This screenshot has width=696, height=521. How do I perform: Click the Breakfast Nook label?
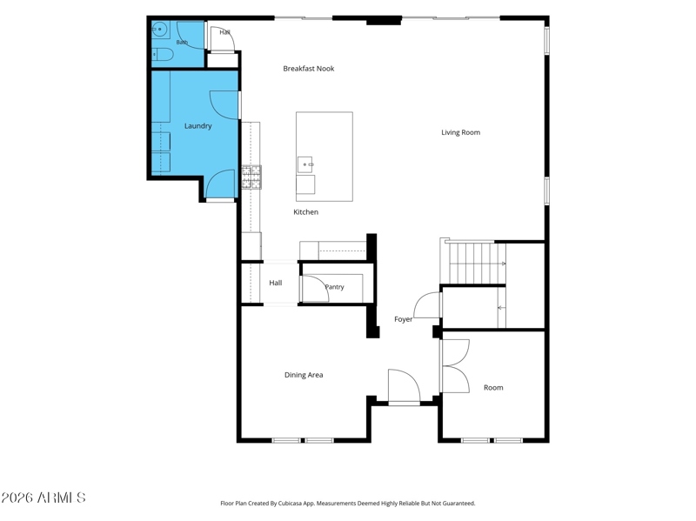pyautogui.click(x=309, y=69)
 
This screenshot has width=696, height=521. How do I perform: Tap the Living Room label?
pyautogui.click(x=460, y=132)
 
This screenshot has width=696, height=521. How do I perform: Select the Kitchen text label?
pyautogui.click(x=306, y=212)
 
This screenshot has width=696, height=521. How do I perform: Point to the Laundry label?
pyautogui.click(x=198, y=126)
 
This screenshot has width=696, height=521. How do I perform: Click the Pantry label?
pyautogui.click(x=334, y=287)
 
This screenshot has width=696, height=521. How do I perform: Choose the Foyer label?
pyautogui.click(x=404, y=319)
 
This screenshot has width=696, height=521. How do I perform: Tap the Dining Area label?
pyautogui.click(x=304, y=375)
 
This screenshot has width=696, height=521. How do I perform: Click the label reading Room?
pyautogui.click(x=493, y=387)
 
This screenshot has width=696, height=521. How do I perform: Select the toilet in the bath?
pyautogui.click(x=163, y=55)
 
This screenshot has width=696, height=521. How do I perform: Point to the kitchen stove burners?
pyautogui.click(x=251, y=177)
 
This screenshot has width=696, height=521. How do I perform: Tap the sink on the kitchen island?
pyautogui.click(x=305, y=164)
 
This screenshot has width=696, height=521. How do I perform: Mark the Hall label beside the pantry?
pyautogui.click(x=275, y=283)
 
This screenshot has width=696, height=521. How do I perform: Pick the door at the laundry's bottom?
pyautogui.click(x=221, y=184)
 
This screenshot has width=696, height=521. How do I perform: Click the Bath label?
pyautogui.click(x=182, y=43)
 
